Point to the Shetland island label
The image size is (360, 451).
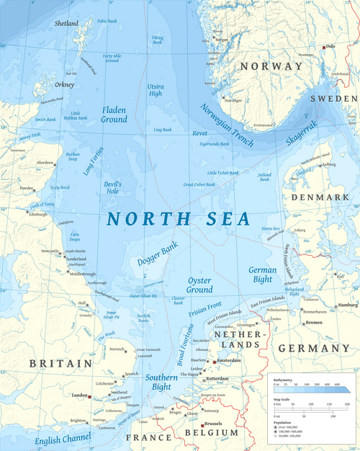(66, 24)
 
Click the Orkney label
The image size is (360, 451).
(65, 84)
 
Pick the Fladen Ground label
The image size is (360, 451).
(114, 115)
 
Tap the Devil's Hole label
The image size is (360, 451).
(113, 189)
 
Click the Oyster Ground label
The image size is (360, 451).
(199, 285)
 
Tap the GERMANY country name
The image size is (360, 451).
(312, 348)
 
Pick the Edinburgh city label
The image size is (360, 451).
(37, 215)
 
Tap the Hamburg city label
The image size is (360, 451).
(347, 305)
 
